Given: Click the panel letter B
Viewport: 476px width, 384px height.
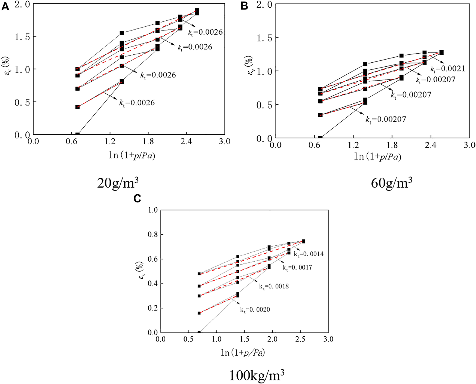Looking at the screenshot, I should [244, 6].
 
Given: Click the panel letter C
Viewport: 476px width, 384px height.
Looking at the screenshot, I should [137, 199].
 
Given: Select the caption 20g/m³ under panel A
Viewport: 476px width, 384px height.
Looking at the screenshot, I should [118, 183].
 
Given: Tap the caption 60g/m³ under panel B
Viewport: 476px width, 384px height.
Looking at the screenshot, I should [392, 183].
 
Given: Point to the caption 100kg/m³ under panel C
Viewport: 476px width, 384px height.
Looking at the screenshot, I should [257, 376].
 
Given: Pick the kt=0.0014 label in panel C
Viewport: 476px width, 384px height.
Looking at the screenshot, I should [309, 254].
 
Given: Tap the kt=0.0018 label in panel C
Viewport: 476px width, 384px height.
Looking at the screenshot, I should [274, 286].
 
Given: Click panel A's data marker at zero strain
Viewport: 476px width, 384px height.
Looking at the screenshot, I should [77, 134].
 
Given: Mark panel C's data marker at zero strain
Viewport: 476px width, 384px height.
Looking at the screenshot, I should [199, 332].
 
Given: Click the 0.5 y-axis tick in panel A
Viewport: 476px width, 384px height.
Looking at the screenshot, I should [22, 102].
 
